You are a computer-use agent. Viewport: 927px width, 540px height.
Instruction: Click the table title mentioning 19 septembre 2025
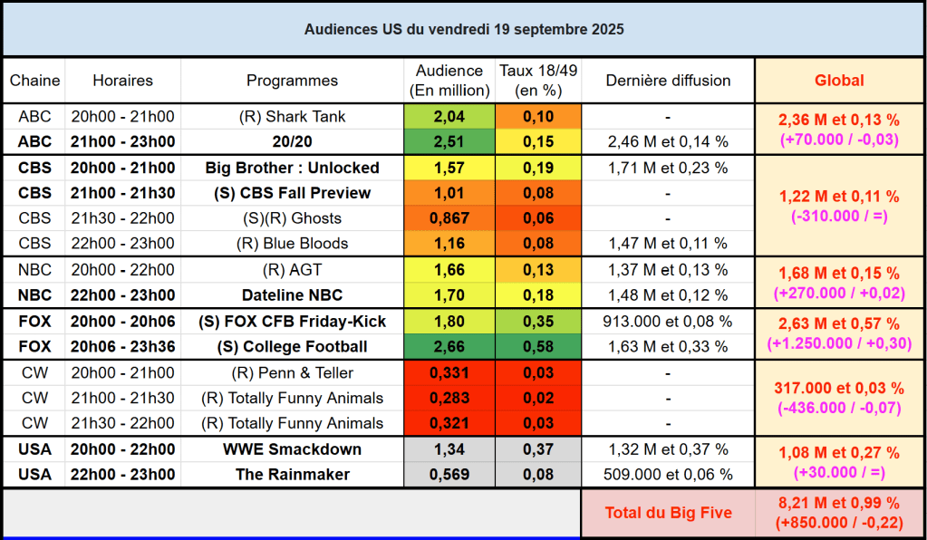pyautogui.click(x=463, y=29)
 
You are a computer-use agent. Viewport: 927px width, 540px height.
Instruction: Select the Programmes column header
pyautogui.click(x=292, y=81)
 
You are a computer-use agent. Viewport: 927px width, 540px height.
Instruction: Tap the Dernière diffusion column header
pyautogui.click(x=668, y=81)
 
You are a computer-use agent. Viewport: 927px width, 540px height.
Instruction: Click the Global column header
pyautogui.click(x=839, y=81)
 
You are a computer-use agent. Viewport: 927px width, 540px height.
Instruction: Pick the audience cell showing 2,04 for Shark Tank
pyautogui.click(x=449, y=117)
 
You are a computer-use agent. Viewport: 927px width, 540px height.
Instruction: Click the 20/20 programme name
pyautogui.click(x=292, y=141)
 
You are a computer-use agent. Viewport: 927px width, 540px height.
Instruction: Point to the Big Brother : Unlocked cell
pyautogui.click(x=292, y=168)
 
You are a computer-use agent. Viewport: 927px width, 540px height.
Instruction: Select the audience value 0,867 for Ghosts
pyautogui.click(x=449, y=218)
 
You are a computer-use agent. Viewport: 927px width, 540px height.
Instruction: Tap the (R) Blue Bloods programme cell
pyautogui.click(x=292, y=244)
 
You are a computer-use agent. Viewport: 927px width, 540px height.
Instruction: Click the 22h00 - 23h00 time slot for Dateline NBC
pyautogui.click(x=123, y=294)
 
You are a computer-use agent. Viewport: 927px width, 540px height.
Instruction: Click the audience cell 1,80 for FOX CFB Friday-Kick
pyautogui.click(x=449, y=321)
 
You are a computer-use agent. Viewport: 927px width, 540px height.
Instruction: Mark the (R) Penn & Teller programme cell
pyautogui.click(x=292, y=372)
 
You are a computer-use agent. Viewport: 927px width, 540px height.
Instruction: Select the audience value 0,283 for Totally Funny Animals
pyautogui.click(x=449, y=398)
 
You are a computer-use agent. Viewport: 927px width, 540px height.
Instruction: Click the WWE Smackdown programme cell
pyautogui.click(x=292, y=449)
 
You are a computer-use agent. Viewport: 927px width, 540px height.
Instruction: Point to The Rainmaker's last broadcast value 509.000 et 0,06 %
pyautogui.click(x=668, y=475)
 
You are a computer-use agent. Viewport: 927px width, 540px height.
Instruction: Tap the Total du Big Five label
pyautogui.click(x=668, y=513)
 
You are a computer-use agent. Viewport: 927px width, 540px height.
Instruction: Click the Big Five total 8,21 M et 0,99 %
pyautogui.click(x=839, y=503)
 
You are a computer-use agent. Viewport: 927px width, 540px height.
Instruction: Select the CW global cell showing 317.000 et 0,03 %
pyautogui.click(x=839, y=388)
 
